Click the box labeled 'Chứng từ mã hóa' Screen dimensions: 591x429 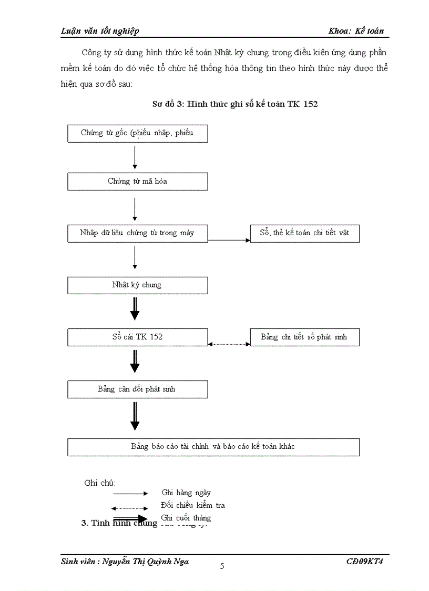pyautogui.click(x=137, y=182)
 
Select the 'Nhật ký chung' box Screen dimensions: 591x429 pyautogui.click(x=137, y=285)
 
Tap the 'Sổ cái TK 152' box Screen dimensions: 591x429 pyautogui.click(x=137, y=337)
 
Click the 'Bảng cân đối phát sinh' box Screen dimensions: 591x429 pyautogui.click(x=137, y=389)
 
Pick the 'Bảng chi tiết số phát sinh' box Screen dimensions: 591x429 pyautogui.click(x=304, y=337)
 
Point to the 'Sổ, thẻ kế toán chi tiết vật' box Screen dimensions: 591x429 pyautogui.click(x=304, y=233)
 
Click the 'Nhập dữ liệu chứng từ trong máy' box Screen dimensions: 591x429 pyautogui.click(x=137, y=233)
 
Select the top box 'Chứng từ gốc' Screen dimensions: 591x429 pyautogui.click(x=137, y=133)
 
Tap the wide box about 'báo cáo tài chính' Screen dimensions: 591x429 pyautogui.click(x=213, y=447)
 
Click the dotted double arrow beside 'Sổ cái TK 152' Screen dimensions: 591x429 pyautogui.click(x=229, y=344)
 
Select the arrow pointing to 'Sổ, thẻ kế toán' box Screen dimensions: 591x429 pyautogui.click(x=229, y=240)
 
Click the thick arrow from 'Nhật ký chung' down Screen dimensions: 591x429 pyautogui.click(x=135, y=308)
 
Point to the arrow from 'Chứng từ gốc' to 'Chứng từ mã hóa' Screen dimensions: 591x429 pyautogui.click(x=135, y=157)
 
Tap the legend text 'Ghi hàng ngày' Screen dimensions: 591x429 pyautogui.click(x=186, y=493)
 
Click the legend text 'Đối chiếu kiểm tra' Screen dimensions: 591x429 pyautogui.click(x=193, y=505)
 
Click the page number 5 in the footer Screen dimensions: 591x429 pyautogui.click(x=222, y=566)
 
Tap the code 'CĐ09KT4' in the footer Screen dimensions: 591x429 pyautogui.click(x=365, y=562)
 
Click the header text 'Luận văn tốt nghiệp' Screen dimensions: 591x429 pyautogui.click(x=100, y=31)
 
